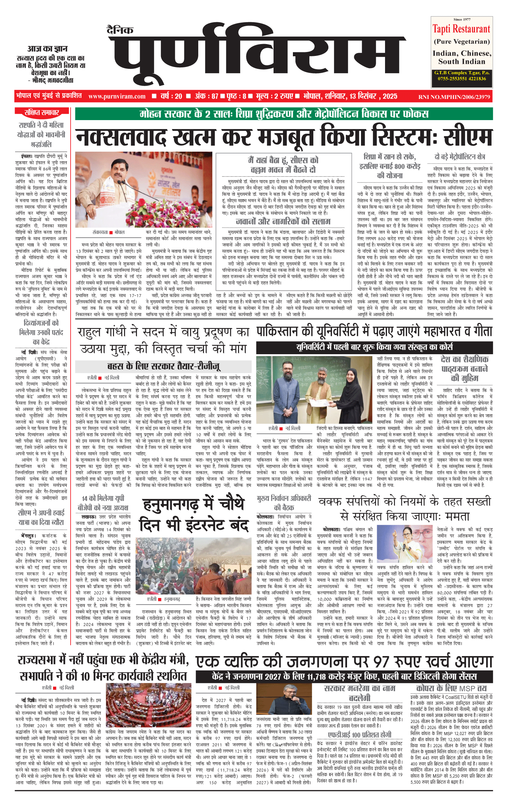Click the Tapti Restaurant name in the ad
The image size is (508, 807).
(461, 29)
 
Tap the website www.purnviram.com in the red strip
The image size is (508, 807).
(117, 96)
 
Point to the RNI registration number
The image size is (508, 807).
(454, 96)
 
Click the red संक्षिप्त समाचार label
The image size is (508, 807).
(42, 113)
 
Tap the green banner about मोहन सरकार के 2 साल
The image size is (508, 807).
(284, 114)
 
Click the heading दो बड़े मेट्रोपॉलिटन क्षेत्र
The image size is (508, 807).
(460, 157)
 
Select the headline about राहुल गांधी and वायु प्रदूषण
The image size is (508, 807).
(163, 340)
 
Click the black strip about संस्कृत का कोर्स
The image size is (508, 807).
(374, 347)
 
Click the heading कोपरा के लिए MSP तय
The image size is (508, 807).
(451, 688)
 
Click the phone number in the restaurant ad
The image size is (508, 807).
(462, 79)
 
